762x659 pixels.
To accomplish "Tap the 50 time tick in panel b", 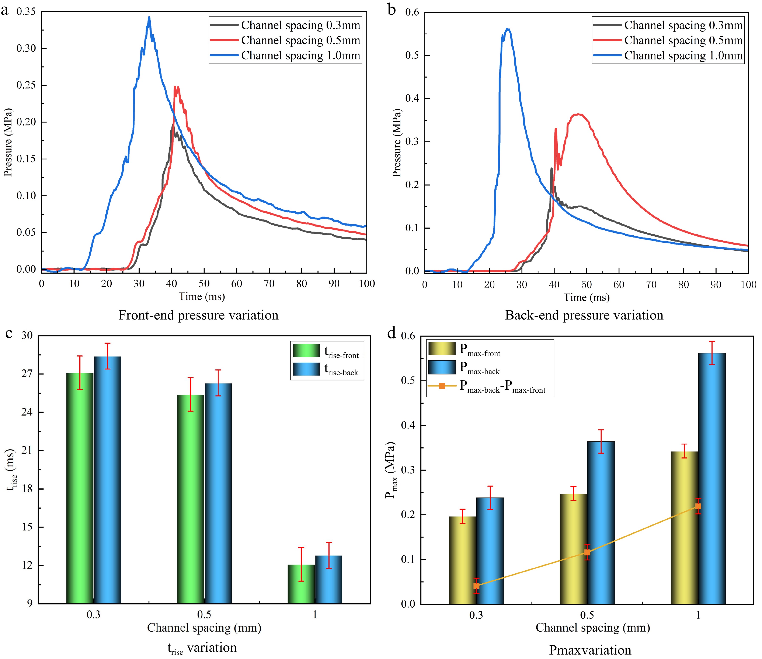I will point(586,285).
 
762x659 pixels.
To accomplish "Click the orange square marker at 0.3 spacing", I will point(476,586).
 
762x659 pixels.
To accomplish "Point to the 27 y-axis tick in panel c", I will point(27,374).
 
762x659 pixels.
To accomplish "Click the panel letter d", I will point(392,333).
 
